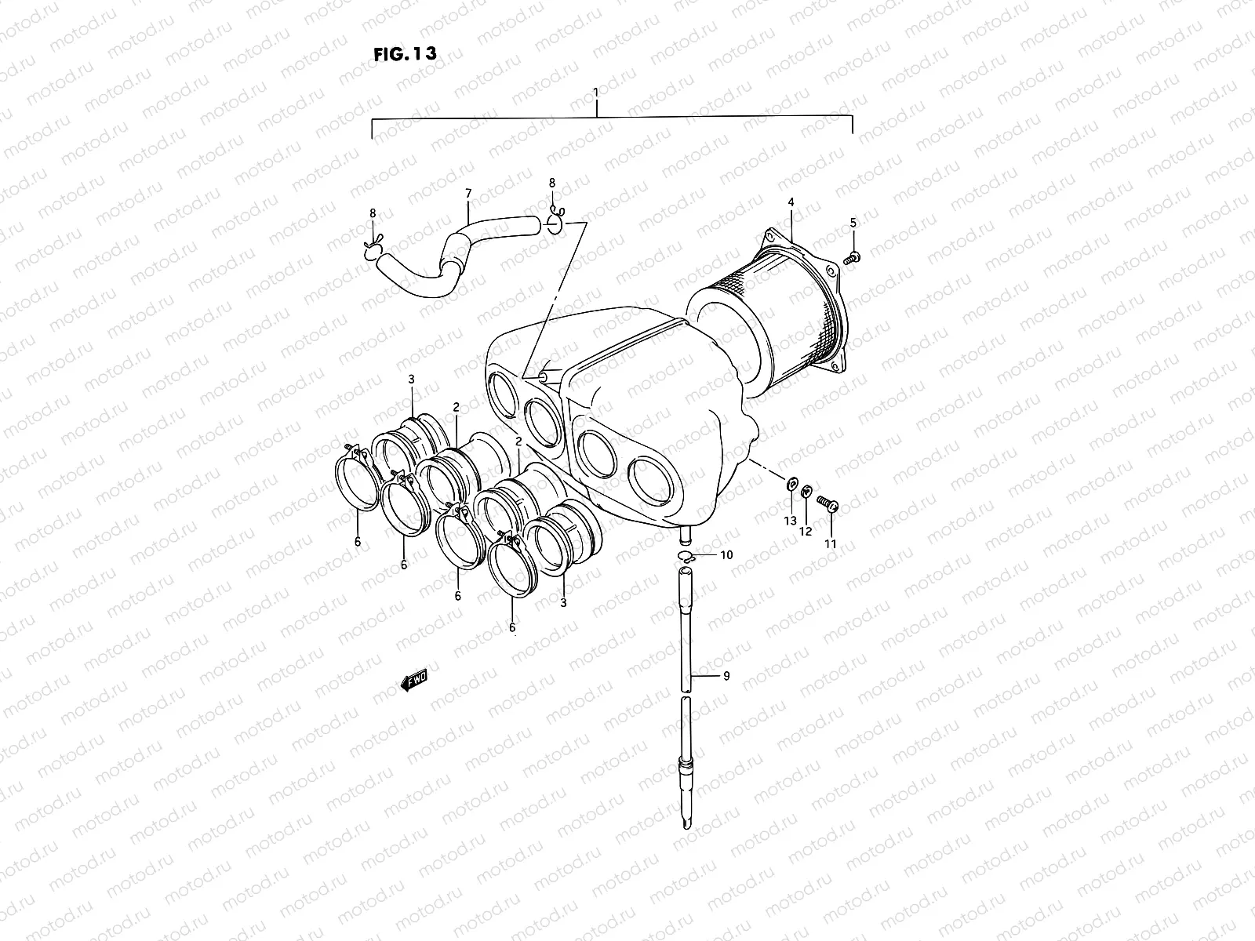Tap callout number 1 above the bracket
click(596, 93)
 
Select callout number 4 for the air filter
click(791, 202)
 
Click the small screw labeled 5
click(852, 257)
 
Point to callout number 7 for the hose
click(468, 193)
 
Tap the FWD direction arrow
click(415, 681)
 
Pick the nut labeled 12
click(806, 493)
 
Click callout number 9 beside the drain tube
click(726, 676)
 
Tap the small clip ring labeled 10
click(686, 557)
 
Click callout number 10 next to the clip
click(726, 554)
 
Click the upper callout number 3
click(411, 380)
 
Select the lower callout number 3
click(563, 602)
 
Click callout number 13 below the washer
click(790, 521)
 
